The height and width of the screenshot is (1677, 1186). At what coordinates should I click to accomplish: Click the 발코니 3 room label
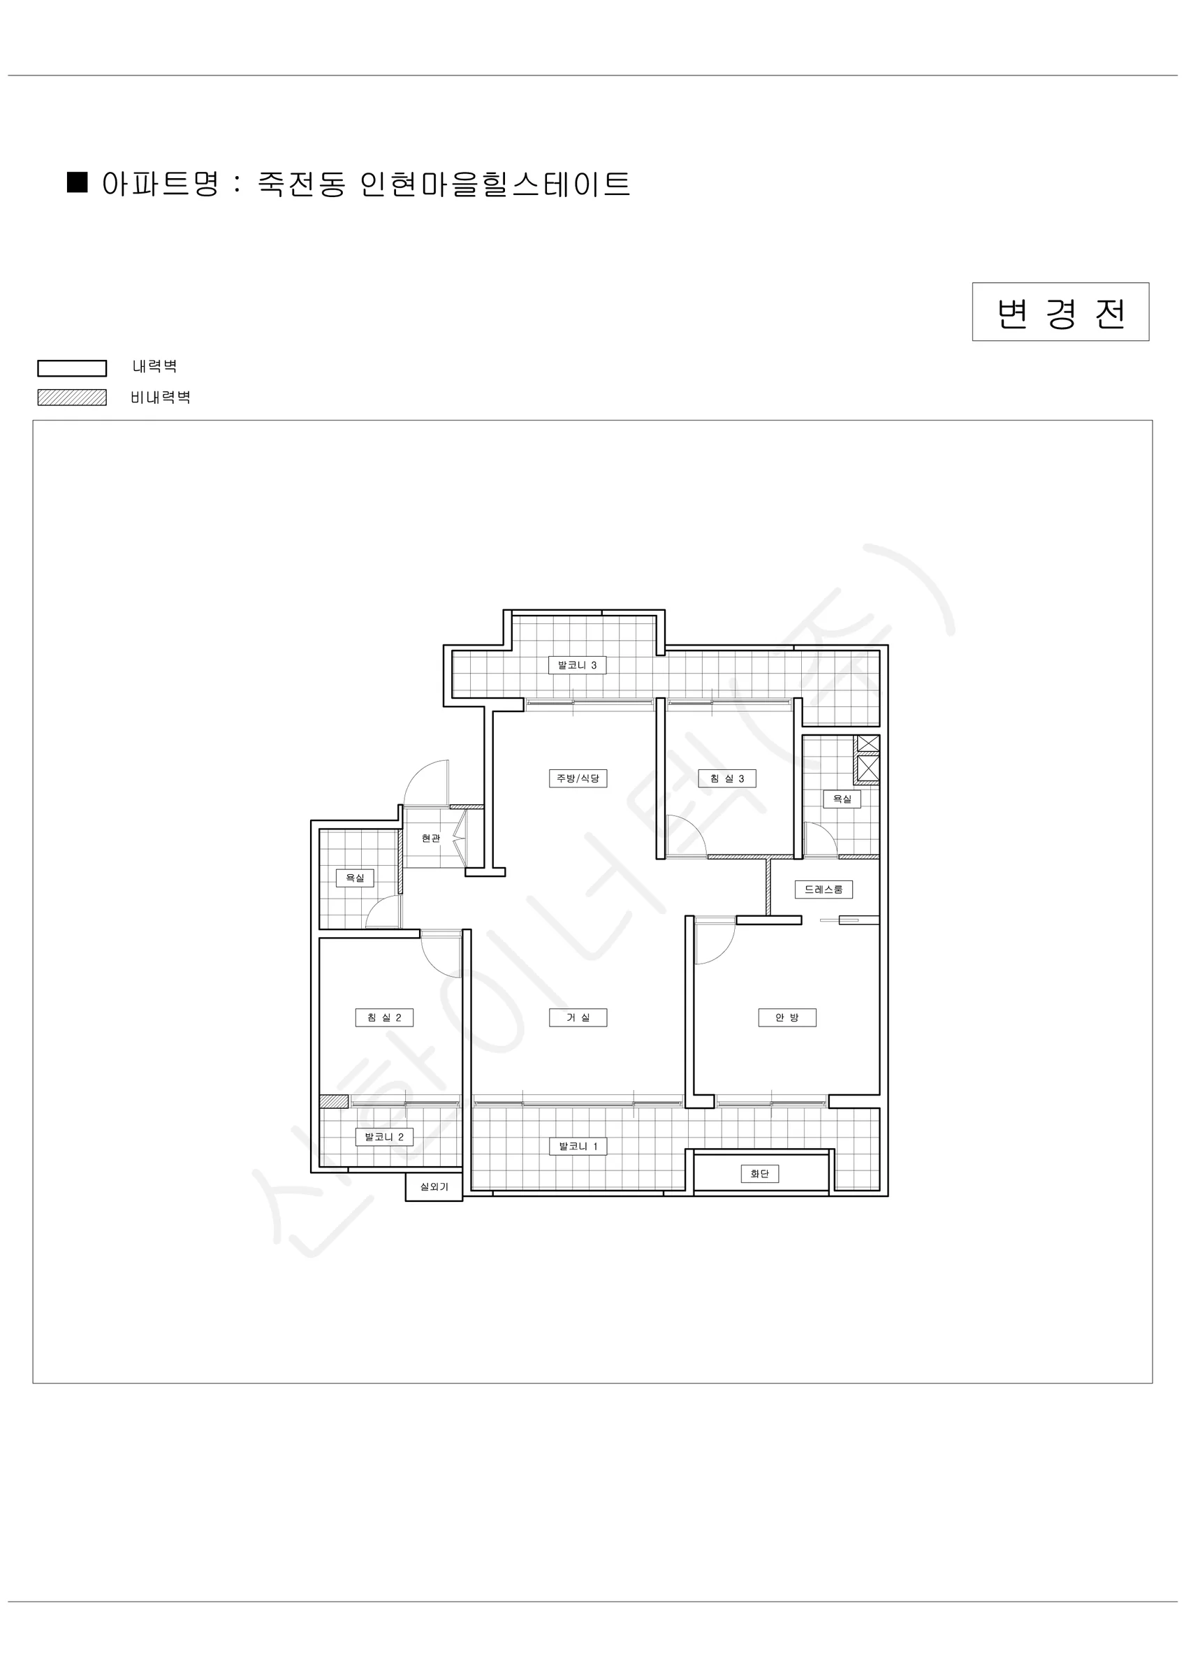click(x=577, y=665)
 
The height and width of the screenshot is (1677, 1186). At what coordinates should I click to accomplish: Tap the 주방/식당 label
click(x=578, y=778)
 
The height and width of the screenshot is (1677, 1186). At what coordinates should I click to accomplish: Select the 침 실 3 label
click(x=726, y=778)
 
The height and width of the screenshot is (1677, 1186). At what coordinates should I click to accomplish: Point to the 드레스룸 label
click(x=823, y=889)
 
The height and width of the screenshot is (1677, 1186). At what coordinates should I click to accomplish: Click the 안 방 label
click(x=787, y=1017)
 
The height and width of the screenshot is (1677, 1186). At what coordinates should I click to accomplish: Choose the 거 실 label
click(x=578, y=1017)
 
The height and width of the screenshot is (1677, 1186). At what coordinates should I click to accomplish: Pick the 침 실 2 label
click(x=384, y=1017)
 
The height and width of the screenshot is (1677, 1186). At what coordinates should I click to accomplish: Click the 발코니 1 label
click(x=578, y=1146)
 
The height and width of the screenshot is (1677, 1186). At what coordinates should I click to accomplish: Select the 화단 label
click(x=759, y=1174)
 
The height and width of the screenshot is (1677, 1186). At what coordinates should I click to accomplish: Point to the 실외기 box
click(x=434, y=1187)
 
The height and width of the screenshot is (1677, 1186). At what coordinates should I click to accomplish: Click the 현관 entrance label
click(x=431, y=838)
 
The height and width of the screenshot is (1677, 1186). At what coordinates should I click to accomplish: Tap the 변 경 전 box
click(x=1060, y=312)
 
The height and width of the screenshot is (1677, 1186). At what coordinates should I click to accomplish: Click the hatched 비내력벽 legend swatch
click(x=73, y=398)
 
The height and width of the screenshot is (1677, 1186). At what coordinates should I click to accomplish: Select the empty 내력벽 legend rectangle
click(x=73, y=368)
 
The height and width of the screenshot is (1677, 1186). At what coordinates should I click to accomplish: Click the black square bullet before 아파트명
click(x=78, y=182)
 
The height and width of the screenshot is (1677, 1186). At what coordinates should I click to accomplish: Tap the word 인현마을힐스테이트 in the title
click(x=495, y=183)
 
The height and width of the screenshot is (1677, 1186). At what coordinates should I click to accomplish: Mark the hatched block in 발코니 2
click(x=334, y=1101)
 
